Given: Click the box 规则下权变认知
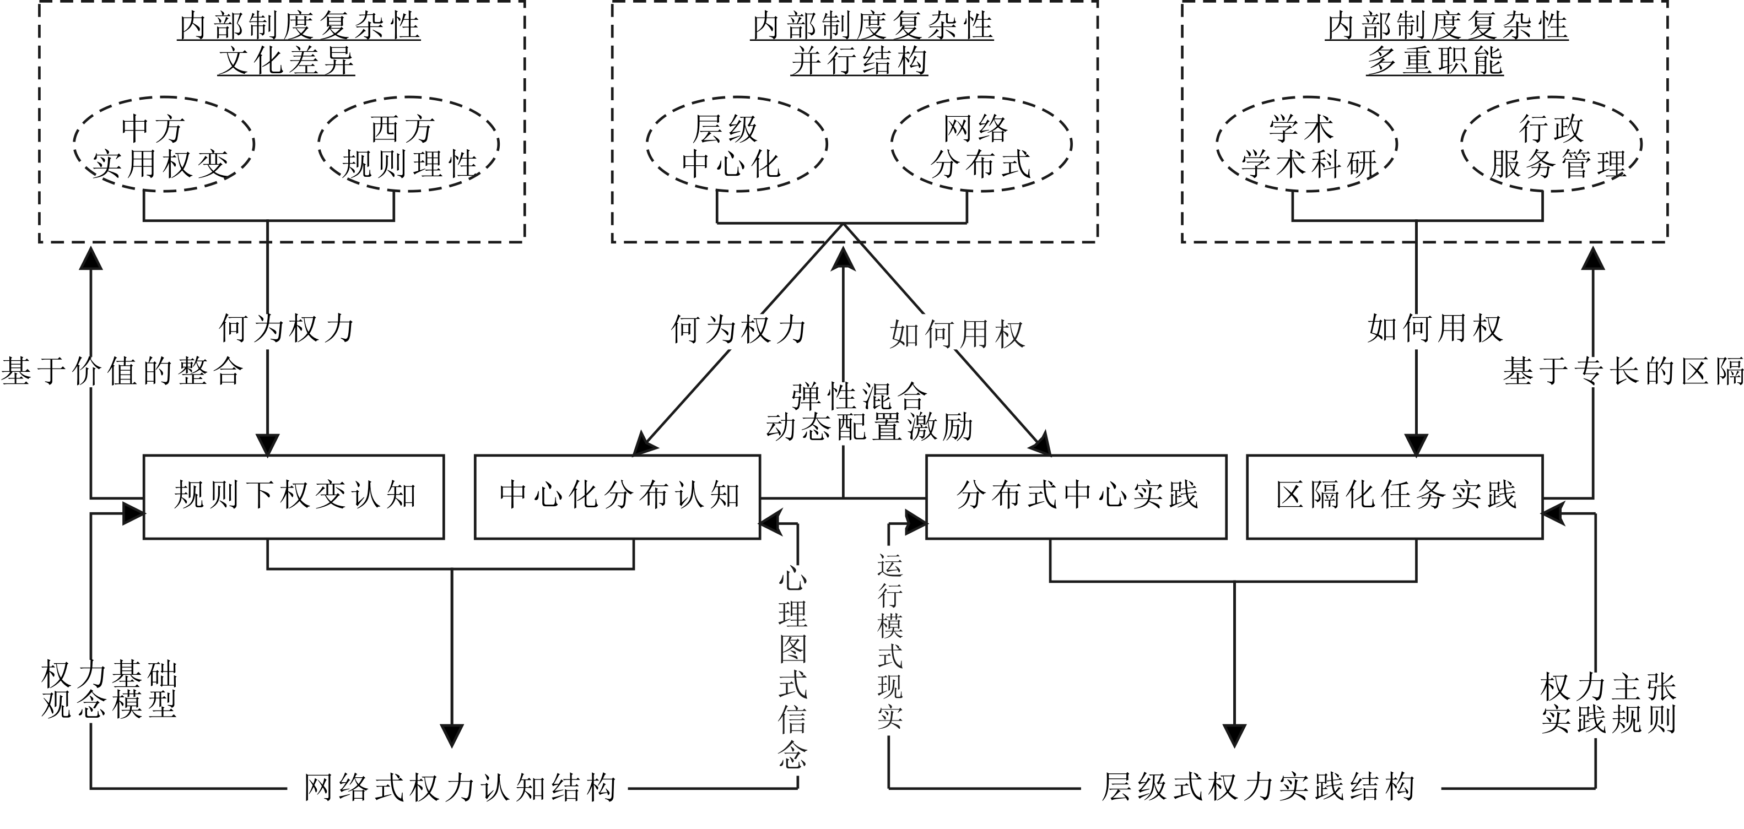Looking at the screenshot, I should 293,496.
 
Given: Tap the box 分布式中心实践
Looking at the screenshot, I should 1076,496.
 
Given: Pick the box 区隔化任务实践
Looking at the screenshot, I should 1395,496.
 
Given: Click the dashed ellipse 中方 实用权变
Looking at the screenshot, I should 163,145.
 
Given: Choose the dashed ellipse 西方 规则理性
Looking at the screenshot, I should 408,145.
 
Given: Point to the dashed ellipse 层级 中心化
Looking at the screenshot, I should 737,145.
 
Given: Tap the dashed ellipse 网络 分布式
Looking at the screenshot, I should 981,145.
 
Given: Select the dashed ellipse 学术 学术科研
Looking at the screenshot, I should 1306,145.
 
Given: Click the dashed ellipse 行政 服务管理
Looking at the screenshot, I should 1551,145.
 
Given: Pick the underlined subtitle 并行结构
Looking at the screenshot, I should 859,61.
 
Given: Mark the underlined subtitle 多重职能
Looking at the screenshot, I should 1435,61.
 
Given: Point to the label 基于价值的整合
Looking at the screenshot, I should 122,371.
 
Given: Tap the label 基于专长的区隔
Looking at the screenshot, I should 1623,371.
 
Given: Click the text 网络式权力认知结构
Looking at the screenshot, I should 460,788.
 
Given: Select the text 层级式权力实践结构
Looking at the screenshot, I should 1259,788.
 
